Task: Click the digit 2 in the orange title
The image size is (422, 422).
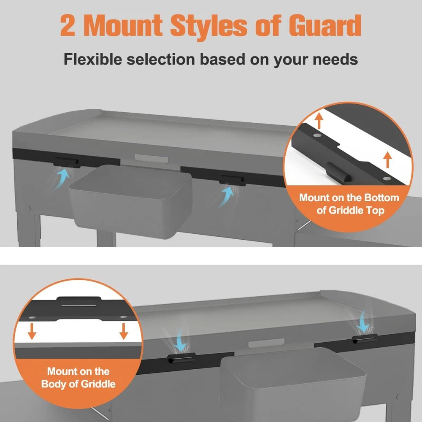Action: point(68,26)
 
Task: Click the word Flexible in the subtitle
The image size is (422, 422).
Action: point(93,59)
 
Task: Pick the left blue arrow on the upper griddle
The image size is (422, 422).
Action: point(62,178)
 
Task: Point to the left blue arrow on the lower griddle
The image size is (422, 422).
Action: point(180,340)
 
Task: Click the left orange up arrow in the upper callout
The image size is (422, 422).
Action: point(319,121)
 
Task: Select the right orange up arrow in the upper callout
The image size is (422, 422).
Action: point(387,160)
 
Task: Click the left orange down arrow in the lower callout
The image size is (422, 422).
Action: point(32,331)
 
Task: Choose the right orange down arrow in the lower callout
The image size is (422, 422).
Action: point(124,331)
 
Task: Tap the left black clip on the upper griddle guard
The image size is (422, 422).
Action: point(67,162)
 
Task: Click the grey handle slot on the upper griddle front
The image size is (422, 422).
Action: point(151,158)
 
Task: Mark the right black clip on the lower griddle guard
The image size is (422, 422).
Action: point(365,339)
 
